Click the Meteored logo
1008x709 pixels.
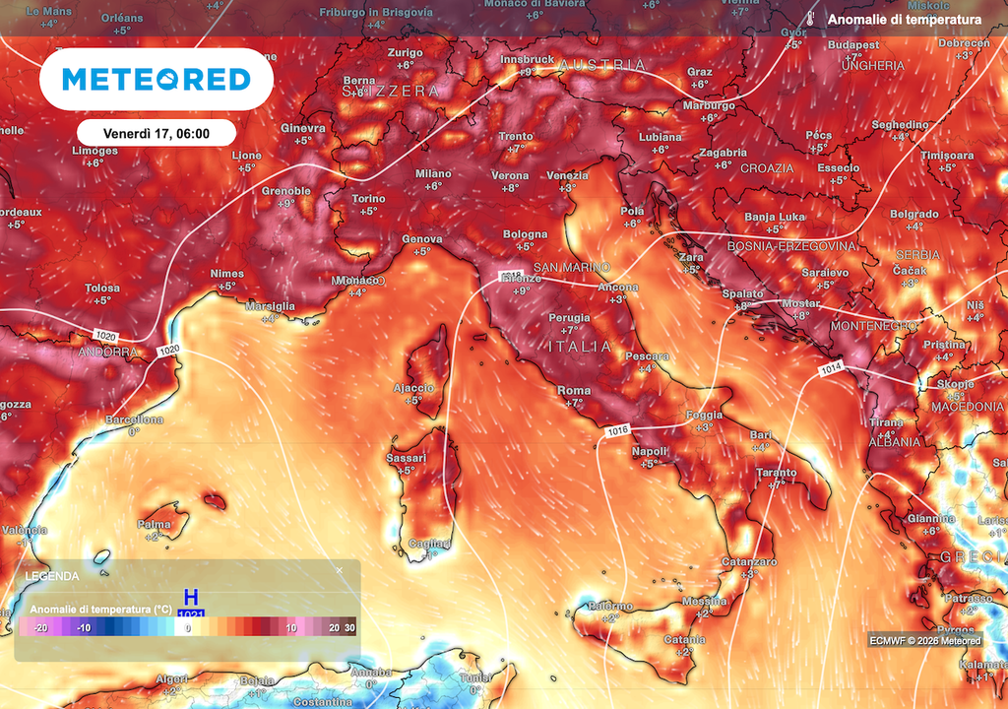[156, 79]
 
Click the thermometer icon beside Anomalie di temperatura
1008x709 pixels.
[810, 20]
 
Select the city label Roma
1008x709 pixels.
[574, 391]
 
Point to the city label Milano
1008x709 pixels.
[433, 173]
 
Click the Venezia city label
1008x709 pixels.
[567, 176]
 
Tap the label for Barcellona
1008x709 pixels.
[134, 419]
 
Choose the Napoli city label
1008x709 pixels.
[650, 451]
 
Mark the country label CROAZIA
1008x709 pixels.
[767, 168]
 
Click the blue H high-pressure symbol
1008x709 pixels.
[191, 598]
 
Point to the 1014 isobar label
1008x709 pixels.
[830, 369]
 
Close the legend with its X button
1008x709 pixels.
[340, 570]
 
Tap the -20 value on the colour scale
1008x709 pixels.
[40, 628]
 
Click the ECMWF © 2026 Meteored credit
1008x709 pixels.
[925, 641]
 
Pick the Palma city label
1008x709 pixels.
[155, 524]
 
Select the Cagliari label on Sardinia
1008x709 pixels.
[429, 544]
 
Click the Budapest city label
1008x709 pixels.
[853, 45]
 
